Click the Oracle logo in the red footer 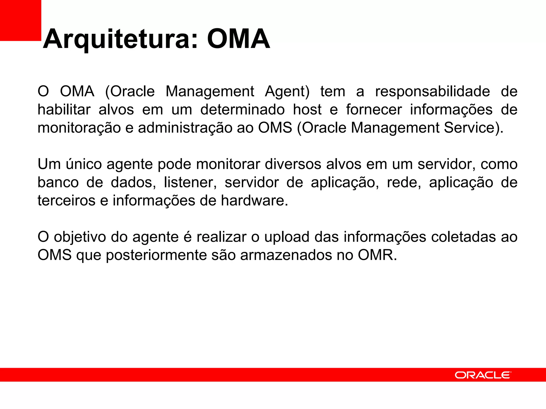click(483, 375)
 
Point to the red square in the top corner click(20, 20)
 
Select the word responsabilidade click(432, 92)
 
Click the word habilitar click(64, 110)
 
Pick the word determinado click(242, 110)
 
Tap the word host click(307, 110)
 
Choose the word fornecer click(374, 110)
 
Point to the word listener click(190, 183)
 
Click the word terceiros click(66, 201)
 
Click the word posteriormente click(156, 255)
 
